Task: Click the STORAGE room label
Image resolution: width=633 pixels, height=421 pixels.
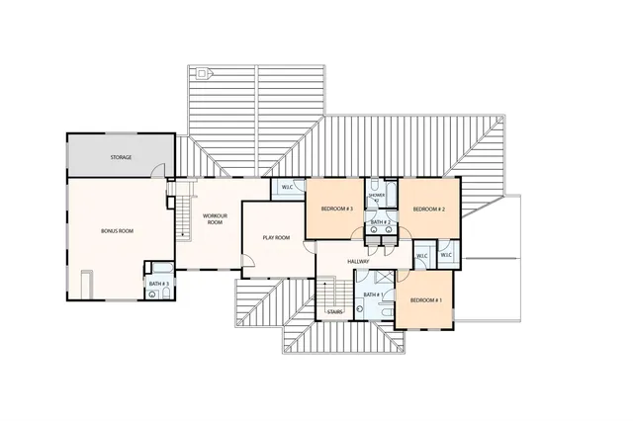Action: [x=121, y=157]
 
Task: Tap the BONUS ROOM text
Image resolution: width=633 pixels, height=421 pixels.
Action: [x=117, y=230]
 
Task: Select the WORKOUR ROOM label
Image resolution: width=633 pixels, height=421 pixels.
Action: [x=216, y=218]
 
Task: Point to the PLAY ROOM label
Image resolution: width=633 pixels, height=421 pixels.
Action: [x=275, y=238]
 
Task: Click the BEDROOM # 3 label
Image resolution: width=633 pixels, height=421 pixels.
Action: [x=337, y=210]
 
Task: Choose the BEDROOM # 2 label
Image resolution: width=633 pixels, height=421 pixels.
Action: [x=428, y=210]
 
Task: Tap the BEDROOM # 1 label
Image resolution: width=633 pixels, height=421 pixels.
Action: [x=425, y=299]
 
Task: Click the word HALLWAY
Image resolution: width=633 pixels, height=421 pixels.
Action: [x=358, y=261]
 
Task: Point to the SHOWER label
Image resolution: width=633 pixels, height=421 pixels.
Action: [x=377, y=196]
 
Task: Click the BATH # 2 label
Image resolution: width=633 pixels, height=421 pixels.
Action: [x=380, y=222]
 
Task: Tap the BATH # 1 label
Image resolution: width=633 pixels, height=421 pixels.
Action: [x=371, y=295]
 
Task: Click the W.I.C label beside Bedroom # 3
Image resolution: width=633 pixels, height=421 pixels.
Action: [x=287, y=187]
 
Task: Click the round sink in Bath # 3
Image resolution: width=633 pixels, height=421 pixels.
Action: [x=152, y=294]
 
